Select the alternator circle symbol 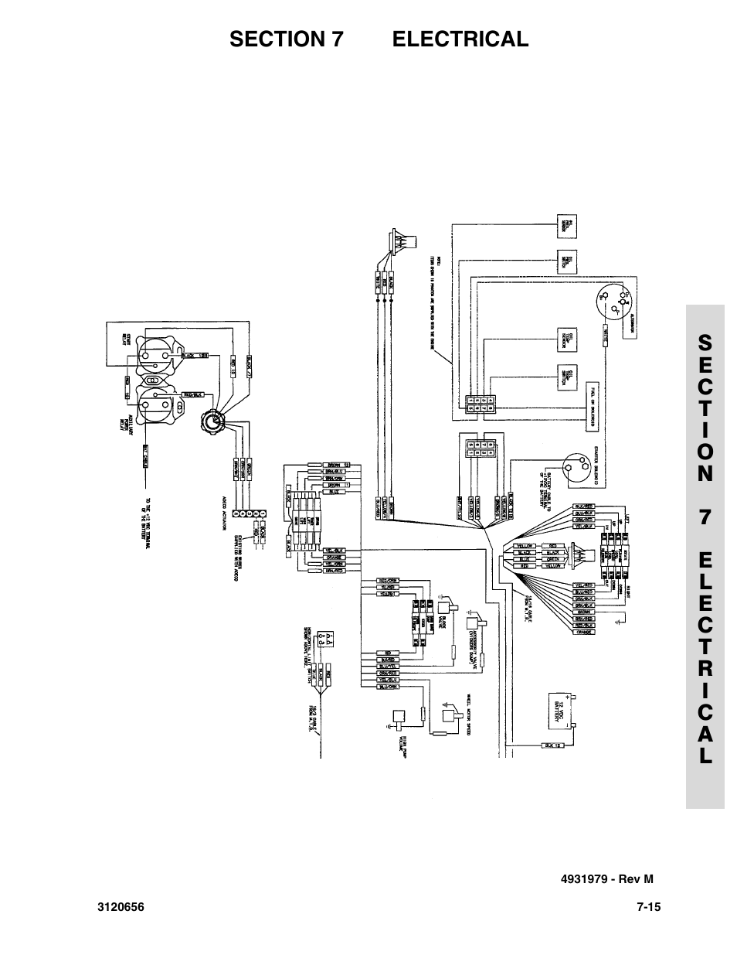click(615, 302)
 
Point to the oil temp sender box click(567, 339)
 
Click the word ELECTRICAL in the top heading click(460, 39)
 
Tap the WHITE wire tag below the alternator click(606, 334)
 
